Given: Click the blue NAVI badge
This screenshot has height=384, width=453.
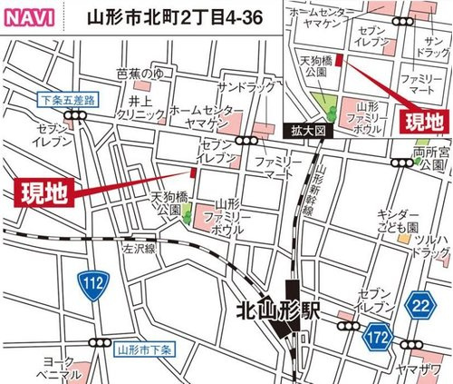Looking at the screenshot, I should pos(29,16).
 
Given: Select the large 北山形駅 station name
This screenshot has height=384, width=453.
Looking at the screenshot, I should pos(288,310).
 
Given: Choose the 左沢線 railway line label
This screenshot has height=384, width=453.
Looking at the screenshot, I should pos(140,246).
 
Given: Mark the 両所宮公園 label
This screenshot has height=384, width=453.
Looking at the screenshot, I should pos(430,159).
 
